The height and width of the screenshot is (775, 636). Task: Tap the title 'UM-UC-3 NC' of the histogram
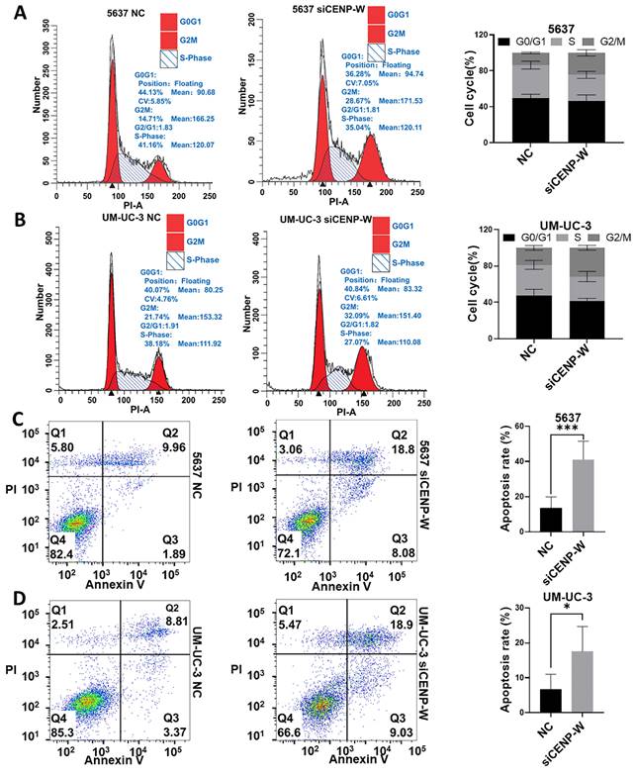(101, 219)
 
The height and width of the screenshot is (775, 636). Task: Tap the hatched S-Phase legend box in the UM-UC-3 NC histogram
(179, 263)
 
